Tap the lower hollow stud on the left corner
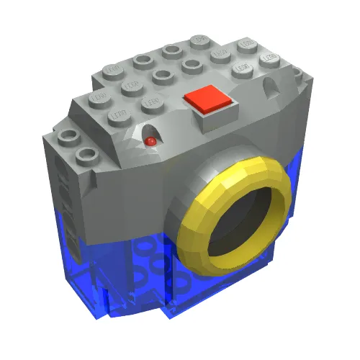coord(87,154)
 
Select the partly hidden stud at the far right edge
coord(296,72)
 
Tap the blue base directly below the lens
coord(216,288)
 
